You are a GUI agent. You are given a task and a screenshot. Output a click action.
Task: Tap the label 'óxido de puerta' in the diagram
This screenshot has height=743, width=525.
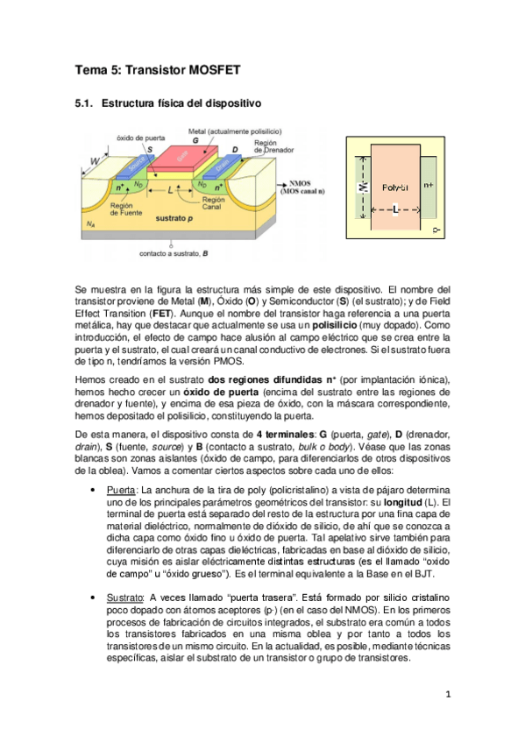tap(135, 139)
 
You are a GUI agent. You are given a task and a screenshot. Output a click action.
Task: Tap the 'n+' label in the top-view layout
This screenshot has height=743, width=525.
tap(429, 185)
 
